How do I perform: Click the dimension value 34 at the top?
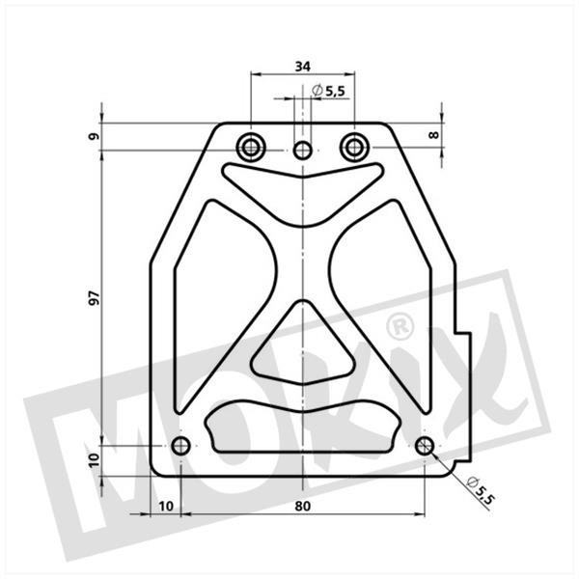303,67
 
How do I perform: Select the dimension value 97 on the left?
95,297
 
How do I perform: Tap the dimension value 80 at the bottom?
303,507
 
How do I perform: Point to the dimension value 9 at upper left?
95,136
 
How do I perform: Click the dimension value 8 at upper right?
434,135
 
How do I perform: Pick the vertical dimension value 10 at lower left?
95,460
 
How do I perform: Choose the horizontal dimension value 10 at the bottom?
166,507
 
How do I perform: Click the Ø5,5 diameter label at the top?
328,91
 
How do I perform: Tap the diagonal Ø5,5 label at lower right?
480,490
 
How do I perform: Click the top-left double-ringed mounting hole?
251,148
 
